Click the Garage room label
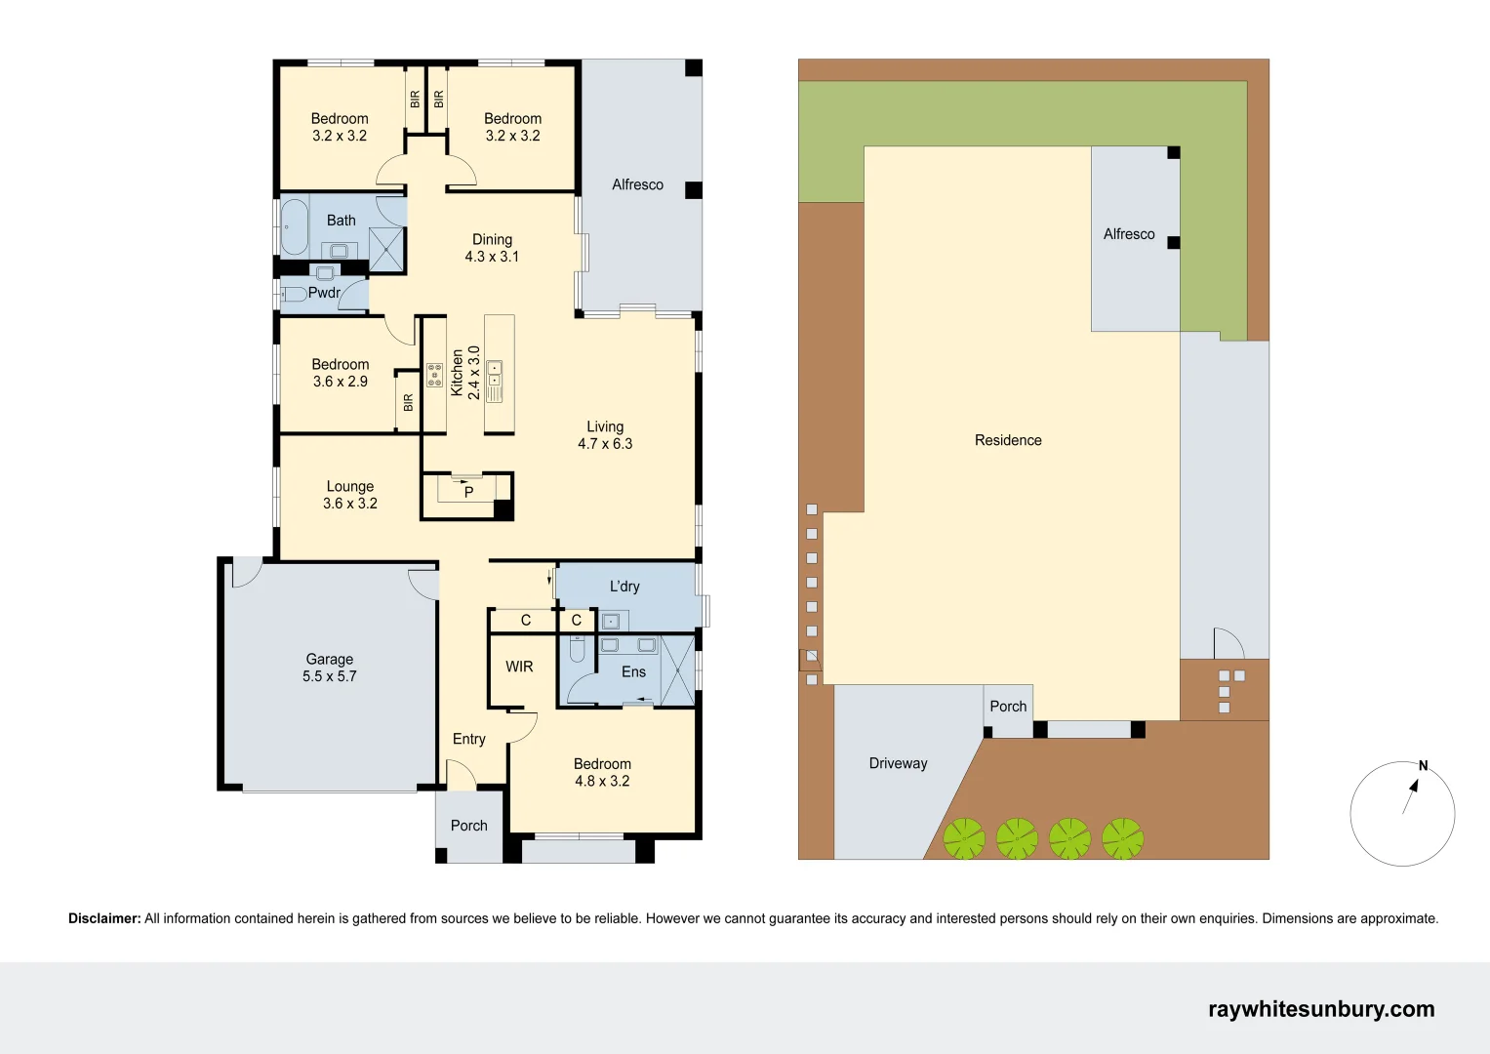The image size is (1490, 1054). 330,668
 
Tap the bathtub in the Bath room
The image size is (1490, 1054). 294,226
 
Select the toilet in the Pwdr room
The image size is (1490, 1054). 294,294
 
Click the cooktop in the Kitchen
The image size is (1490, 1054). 434,375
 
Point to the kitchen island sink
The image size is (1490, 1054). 495,374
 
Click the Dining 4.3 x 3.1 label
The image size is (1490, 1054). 492,248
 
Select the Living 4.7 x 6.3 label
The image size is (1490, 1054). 605,435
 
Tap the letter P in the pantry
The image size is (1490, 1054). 468,492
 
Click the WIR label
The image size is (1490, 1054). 519,667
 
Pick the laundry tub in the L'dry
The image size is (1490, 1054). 611,621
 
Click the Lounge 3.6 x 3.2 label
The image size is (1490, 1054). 350,495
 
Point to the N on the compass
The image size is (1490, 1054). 1423,766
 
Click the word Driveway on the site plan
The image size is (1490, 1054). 898,763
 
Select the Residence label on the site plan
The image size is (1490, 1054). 1008,440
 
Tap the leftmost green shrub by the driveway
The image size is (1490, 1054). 964,838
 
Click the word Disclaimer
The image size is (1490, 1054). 104,918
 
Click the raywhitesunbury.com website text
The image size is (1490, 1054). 1321,1009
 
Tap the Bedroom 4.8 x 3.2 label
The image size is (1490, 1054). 602,772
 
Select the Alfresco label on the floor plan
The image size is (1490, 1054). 637,184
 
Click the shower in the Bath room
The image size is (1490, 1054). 386,248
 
